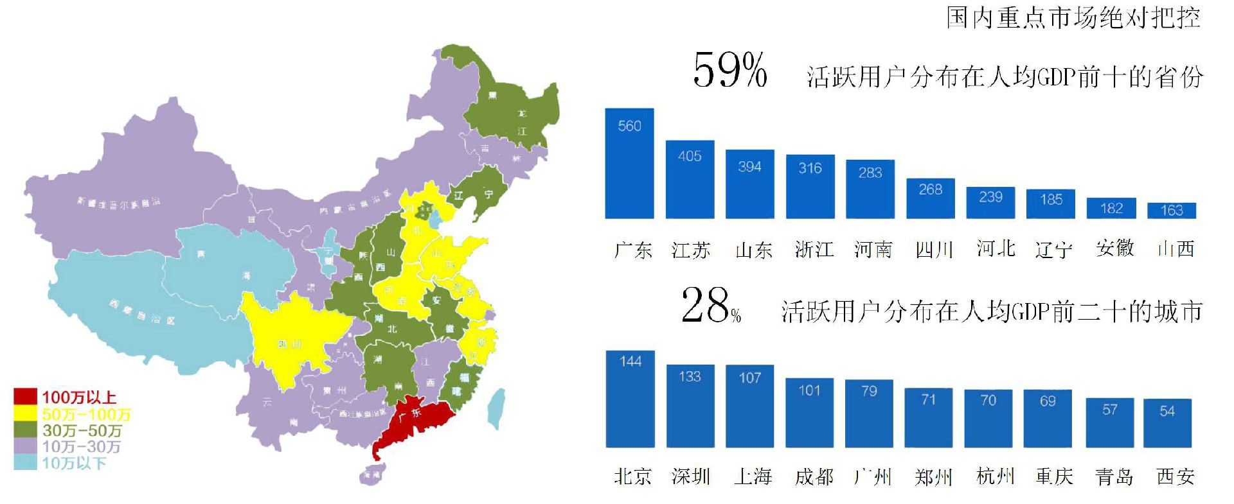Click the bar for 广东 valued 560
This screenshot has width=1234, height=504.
tap(629, 164)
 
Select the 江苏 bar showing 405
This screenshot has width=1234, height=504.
tap(690, 180)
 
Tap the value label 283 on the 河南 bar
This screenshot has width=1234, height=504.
tap(870, 173)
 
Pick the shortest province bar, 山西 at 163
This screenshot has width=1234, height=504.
tap(1172, 211)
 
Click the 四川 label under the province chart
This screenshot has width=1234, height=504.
tap(933, 249)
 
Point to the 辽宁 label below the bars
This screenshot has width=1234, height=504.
tap(1053, 249)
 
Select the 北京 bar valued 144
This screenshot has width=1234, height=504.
tap(630, 399)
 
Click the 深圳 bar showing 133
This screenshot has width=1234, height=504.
tap(690, 406)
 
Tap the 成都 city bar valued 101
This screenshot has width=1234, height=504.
tap(809, 413)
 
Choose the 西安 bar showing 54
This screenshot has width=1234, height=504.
tap(1167, 423)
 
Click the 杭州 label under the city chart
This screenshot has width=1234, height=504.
tap(994, 476)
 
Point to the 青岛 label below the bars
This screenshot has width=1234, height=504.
tap(1114, 476)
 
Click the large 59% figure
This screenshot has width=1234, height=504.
tap(730, 70)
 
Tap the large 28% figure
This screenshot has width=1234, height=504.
tap(710, 306)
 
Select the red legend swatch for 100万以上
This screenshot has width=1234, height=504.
tap(26, 397)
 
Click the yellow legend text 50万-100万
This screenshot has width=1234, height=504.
tap(87, 414)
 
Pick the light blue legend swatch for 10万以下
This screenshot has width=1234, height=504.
tap(26, 462)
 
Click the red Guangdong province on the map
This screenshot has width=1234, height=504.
tap(411, 424)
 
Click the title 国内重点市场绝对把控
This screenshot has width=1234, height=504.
tap(1073, 17)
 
